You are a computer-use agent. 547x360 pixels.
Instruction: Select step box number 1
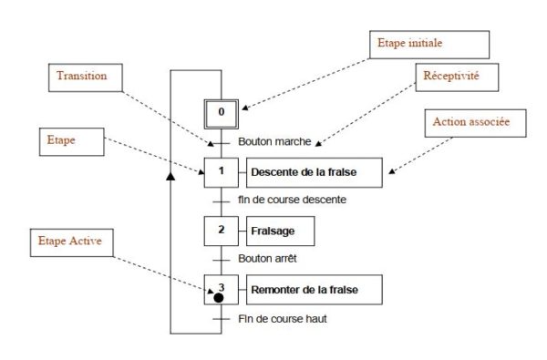220,170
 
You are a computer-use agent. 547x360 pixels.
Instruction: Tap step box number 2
220,231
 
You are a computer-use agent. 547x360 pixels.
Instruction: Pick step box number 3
220,290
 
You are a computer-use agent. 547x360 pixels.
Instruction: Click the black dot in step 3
219,297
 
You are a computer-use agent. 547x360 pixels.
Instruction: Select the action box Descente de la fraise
314,171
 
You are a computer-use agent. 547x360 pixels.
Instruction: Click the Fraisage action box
284,231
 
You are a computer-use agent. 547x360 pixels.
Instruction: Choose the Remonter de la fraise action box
314,291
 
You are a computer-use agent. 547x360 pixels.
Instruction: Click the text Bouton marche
274,142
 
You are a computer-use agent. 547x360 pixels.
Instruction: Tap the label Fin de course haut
283,319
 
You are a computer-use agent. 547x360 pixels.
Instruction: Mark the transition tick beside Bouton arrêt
220,260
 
